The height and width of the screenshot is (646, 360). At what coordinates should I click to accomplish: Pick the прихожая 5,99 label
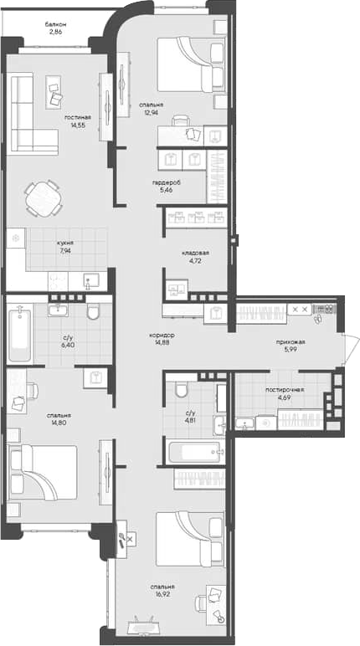pyautogui.click(x=291, y=346)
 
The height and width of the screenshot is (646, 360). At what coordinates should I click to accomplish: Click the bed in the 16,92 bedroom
pyautogui.click(x=189, y=538)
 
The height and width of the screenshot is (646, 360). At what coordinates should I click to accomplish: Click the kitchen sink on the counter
pyautogui.click(x=91, y=280)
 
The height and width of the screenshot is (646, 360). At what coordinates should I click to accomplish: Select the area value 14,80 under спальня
pyautogui.click(x=59, y=423)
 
